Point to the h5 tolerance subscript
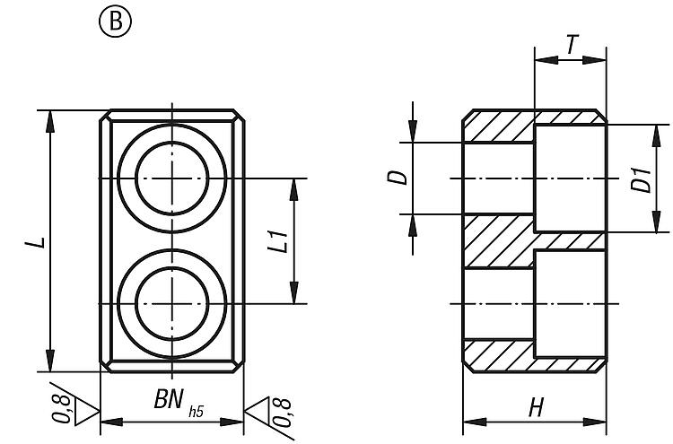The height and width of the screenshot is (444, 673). pyautogui.click(x=195, y=413)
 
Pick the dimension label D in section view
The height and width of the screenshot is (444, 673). pyautogui.click(x=403, y=178)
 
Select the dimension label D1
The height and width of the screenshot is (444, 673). pyautogui.click(x=639, y=179)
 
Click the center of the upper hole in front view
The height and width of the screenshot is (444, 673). pyautogui.click(x=170, y=179)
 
